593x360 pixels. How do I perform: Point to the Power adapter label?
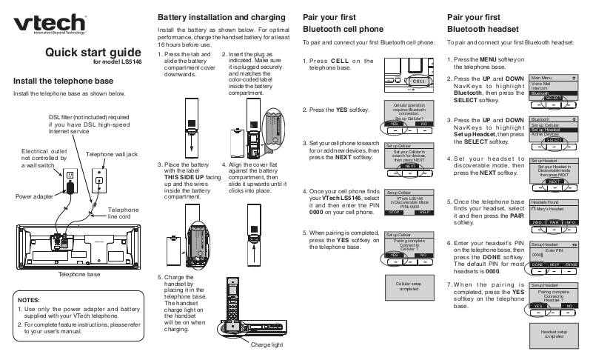pyautogui.click(x=33, y=197)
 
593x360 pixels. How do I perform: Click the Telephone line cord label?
pyautogui.click(x=123, y=213)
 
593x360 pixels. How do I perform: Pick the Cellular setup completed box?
pyautogui.click(x=408, y=287)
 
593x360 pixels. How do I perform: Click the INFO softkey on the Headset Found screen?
pyautogui.click(x=569, y=222)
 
